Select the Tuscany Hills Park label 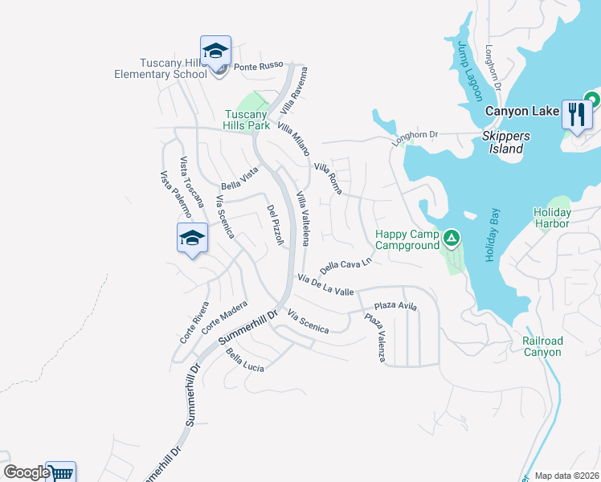point(247,120)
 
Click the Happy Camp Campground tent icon point(452,238)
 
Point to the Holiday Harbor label point(551,218)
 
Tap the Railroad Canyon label point(542,346)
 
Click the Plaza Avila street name point(395,306)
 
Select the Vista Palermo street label point(175,194)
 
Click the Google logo point(27,472)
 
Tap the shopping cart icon point(60,472)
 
